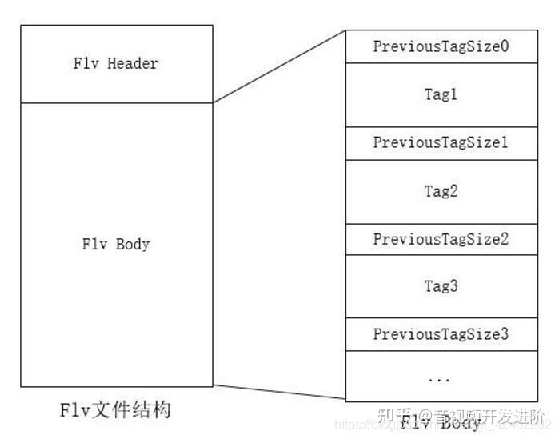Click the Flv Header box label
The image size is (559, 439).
[116, 64]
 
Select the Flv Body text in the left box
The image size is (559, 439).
[116, 244]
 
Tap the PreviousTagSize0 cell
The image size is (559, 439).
[441, 46]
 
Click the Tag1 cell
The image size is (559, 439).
[441, 94]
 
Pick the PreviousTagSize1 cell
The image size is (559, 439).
[441, 142]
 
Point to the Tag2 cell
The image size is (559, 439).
[441, 191]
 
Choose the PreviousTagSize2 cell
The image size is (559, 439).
[441, 238]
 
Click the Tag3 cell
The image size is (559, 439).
[441, 285]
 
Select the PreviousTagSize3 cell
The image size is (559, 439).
[441, 333]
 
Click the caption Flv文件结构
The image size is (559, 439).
[116, 411]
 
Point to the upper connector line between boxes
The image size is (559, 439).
[279, 66]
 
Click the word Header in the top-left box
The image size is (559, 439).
[132, 64]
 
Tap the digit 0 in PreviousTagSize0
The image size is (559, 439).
[505, 46]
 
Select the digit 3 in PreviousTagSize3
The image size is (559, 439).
[505, 333]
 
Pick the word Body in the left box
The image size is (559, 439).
[133, 244]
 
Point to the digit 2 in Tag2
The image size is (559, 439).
[453, 191]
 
